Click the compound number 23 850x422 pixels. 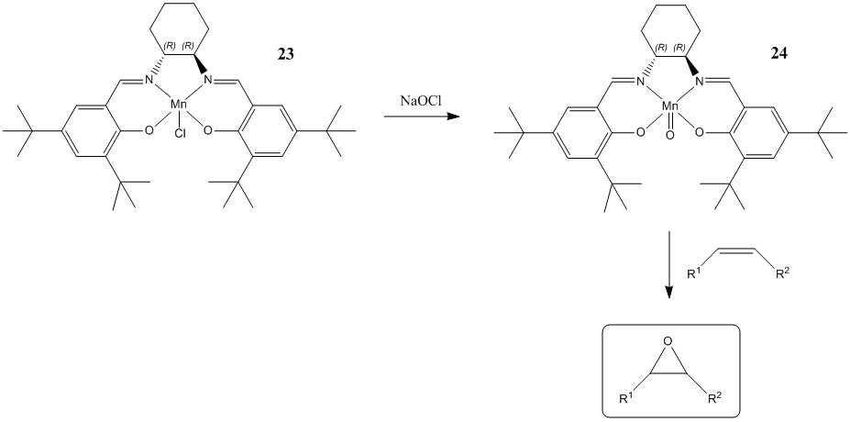tap(286, 55)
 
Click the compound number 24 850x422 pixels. tap(780, 55)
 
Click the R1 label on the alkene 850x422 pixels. tap(696, 272)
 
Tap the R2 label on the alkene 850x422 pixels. tap(781, 272)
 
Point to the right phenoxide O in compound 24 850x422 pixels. tap(700, 131)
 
